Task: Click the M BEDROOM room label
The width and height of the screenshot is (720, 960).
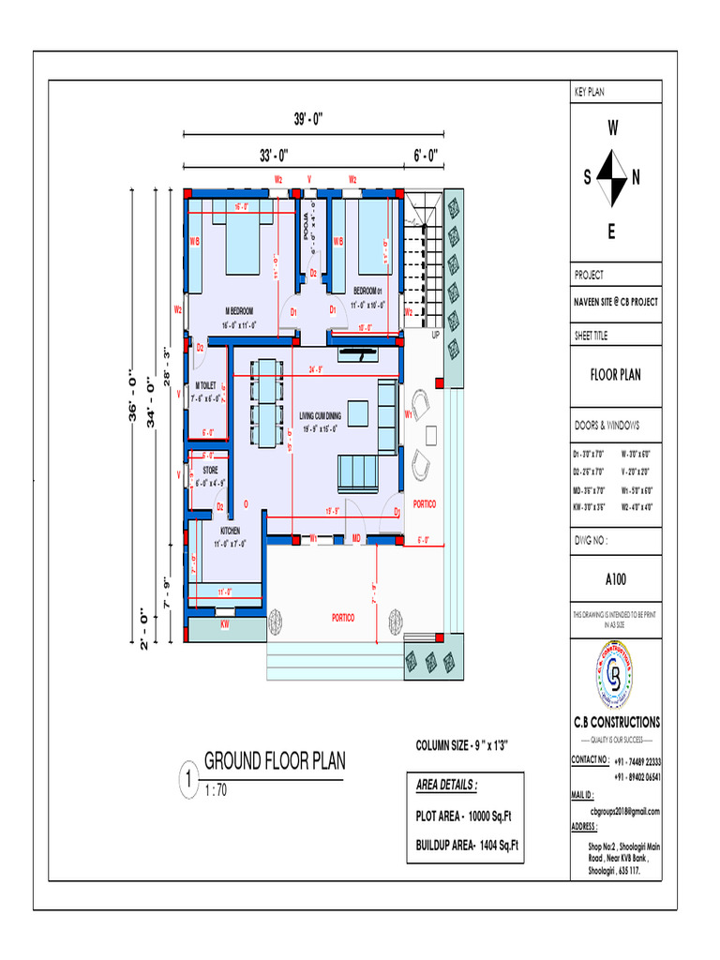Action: tap(240, 310)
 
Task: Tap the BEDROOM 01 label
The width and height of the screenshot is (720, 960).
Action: tap(368, 291)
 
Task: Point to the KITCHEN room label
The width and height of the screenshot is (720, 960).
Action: tap(230, 531)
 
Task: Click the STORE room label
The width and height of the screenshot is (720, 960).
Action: tap(210, 469)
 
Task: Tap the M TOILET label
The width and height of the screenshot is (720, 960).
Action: tap(206, 385)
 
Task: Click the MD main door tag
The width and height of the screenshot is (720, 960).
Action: tap(356, 538)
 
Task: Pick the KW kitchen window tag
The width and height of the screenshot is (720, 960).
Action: tap(225, 622)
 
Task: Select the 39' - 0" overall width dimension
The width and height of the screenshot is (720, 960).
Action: tap(308, 120)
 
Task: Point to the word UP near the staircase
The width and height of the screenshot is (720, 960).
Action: tap(435, 335)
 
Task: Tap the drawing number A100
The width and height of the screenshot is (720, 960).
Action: tap(615, 579)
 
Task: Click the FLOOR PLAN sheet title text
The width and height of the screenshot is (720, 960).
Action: tap(615, 375)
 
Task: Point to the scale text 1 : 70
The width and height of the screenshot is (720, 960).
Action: tap(216, 791)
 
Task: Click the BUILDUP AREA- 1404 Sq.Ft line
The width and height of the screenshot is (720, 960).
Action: tap(466, 846)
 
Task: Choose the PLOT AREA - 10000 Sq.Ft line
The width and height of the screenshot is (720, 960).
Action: tap(462, 816)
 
